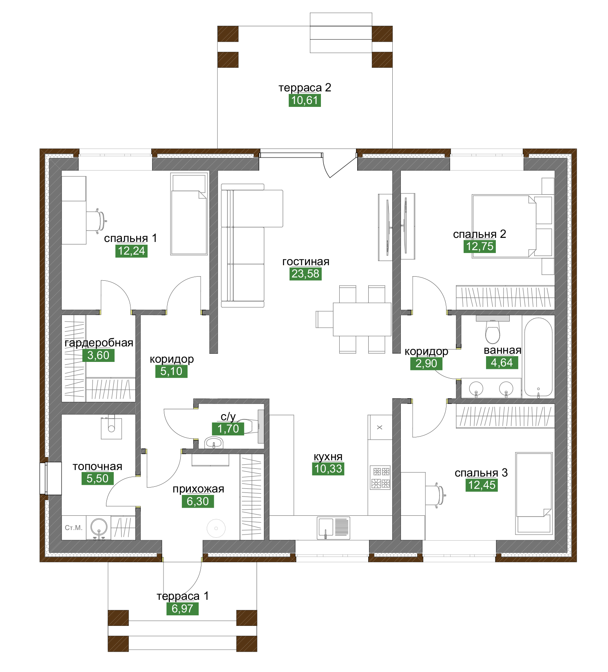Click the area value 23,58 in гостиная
pos(305,274)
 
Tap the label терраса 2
pos(305,88)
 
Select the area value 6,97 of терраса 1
pos(182,609)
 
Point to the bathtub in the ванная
pos(538,357)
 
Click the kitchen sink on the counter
pos(334,528)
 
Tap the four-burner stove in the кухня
pos(380,477)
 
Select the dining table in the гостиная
pos(362,319)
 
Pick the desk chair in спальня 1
pos(99,221)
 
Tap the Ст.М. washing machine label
pos(73,528)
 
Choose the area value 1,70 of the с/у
pos(228,429)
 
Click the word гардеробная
pos(99,343)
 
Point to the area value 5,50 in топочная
pos(97,479)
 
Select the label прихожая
pos(198,489)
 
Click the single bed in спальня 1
pos(189,214)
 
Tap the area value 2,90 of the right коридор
pos(426,364)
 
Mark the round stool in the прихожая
pos(216,528)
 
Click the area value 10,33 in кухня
pos(328,469)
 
